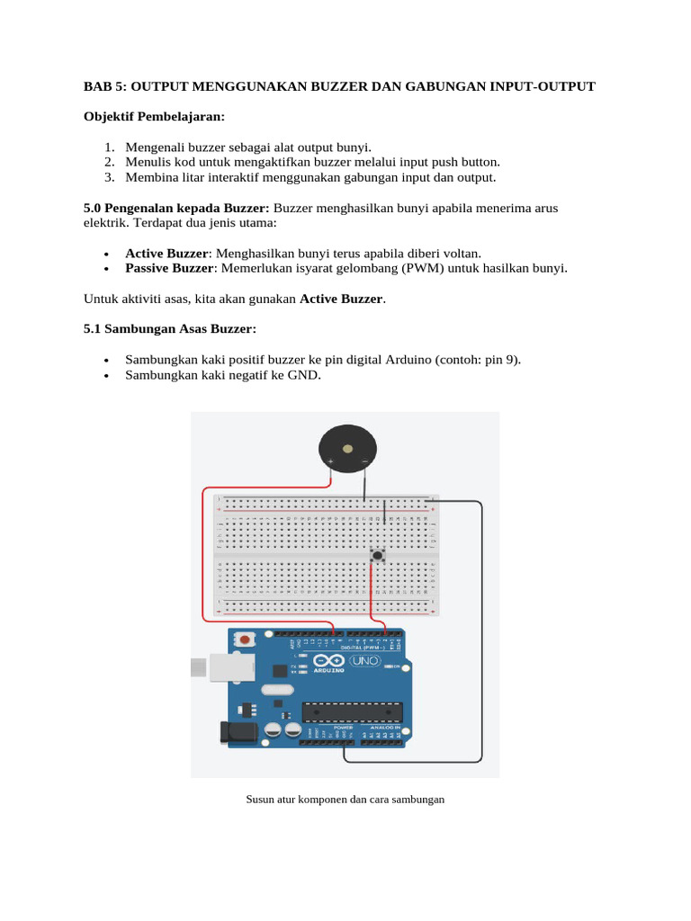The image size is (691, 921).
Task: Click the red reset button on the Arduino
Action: click(243, 639)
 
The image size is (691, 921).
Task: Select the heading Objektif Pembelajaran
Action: click(154, 117)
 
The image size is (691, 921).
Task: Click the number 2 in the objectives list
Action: click(108, 162)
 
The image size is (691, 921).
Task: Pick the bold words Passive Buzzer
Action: click(170, 268)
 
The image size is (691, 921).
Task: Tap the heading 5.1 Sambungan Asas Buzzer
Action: click(169, 329)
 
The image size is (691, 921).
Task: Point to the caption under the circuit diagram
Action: click(345, 798)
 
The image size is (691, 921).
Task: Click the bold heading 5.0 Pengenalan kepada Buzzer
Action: click(176, 208)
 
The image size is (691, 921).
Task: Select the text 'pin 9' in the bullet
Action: click(499, 360)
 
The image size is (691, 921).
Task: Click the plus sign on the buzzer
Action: click(330, 463)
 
